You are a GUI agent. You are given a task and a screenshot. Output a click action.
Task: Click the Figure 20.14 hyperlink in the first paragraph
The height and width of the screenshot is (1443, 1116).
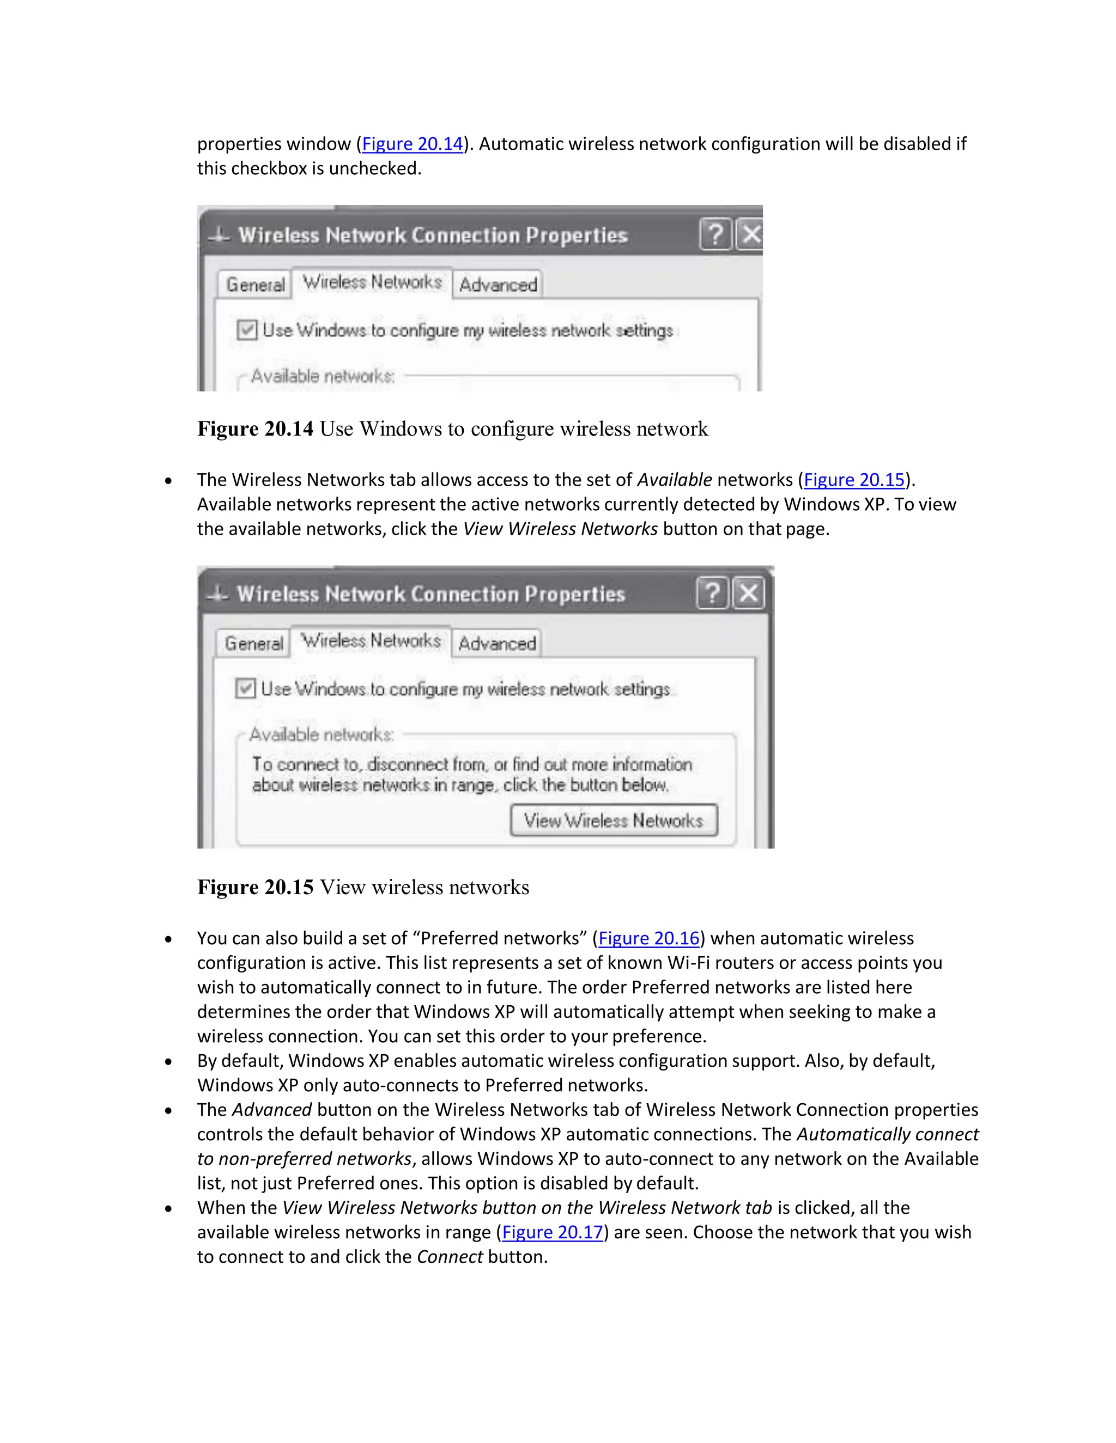[413, 144]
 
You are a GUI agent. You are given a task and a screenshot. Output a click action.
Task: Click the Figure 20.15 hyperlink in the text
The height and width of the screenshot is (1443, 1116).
[853, 480]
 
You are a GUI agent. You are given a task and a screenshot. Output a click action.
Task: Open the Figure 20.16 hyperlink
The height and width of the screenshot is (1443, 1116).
[648, 938]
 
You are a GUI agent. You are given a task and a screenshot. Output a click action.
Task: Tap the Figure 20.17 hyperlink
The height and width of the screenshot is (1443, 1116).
[553, 1232]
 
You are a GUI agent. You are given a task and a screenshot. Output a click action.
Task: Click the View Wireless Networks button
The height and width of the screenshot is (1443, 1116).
[614, 821]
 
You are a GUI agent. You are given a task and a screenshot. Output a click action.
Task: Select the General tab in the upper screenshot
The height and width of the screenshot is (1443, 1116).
[255, 285]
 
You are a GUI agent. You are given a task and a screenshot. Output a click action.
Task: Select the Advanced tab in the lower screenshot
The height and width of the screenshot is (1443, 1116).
[497, 644]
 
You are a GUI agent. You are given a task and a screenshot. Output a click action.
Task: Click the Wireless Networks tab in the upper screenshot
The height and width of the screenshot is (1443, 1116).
[372, 282]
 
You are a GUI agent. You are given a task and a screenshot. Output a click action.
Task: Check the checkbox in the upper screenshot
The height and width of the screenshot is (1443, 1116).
[247, 329]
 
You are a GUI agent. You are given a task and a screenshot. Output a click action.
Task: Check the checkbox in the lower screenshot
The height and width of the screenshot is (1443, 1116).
[245, 688]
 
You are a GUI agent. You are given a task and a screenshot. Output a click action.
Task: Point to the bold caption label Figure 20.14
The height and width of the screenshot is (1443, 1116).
[255, 429]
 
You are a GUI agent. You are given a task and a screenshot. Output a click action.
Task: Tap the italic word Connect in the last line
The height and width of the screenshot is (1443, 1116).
[450, 1257]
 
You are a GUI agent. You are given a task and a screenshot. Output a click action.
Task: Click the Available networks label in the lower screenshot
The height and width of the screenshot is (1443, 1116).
[322, 735]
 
